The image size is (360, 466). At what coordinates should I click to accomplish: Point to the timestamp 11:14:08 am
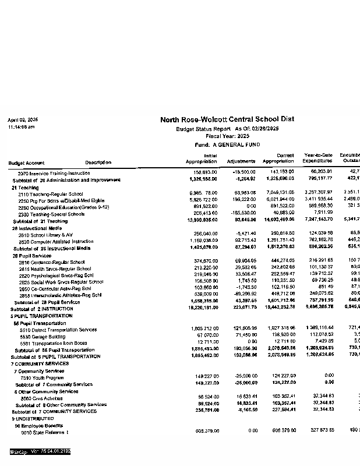pos(21,126)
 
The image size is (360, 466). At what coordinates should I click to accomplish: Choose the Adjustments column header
pos(241,161)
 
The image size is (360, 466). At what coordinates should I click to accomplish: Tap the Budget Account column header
pos(26,162)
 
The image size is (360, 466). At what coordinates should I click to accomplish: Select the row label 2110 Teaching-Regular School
pos(51,193)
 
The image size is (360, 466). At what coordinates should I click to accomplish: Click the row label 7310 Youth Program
pos(43,377)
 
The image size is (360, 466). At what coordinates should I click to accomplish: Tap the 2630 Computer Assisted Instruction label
pos(56,241)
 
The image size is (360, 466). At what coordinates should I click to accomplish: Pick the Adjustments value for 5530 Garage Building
pos(243,336)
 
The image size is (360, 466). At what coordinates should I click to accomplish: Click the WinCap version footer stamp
pos(40,451)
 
